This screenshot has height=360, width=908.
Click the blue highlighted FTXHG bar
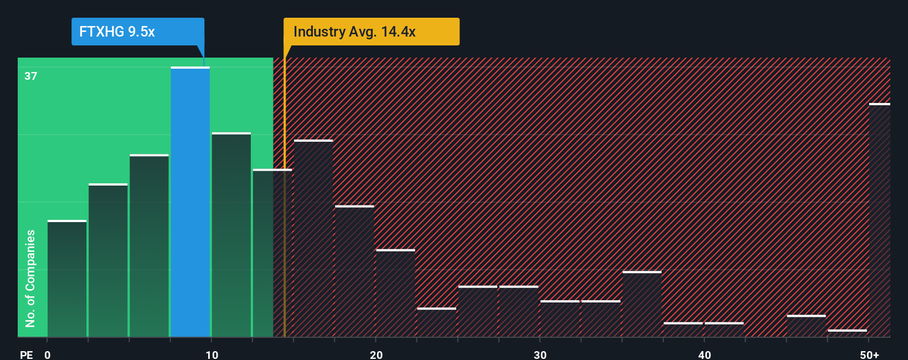pyautogui.click(x=190, y=202)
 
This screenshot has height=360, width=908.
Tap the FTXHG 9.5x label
pyautogui.click(x=117, y=32)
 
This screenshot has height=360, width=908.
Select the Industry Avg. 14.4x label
pyautogui.click(x=354, y=32)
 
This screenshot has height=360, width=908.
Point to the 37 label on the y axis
pyautogui.click(x=31, y=76)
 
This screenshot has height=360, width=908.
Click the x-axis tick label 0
pyautogui.click(x=48, y=354)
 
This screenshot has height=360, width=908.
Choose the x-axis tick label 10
pyautogui.click(x=212, y=354)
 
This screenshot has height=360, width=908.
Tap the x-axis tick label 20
pyautogui.click(x=376, y=354)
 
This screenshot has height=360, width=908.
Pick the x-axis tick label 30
pyautogui.click(x=540, y=354)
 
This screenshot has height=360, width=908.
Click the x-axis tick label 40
pyautogui.click(x=704, y=354)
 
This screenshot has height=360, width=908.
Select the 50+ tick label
pyautogui.click(x=869, y=354)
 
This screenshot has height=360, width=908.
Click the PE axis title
pyautogui.click(x=26, y=354)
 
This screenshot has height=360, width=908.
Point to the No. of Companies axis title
pyautogui.click(x=30, y=278)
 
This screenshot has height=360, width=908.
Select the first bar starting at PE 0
pyautogui.click(x=67, y=279)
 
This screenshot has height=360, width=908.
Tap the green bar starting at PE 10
pyautogui.click(x=231, y=235)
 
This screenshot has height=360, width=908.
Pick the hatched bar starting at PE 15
pyautogui.click(x=313, y=239)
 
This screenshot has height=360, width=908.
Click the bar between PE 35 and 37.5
pyautogui.click(x=642, y=304)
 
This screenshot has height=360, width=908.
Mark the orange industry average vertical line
pyautogui.click(x=285, y=222)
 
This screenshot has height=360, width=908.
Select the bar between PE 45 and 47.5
pyautogui.click(x=806, y=326)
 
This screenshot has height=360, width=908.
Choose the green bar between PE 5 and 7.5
pyautogui.click(x=149, y=246)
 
